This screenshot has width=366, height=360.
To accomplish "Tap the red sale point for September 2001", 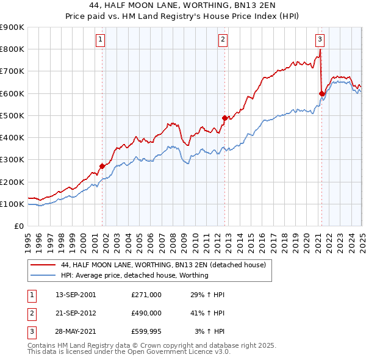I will coord(102,166).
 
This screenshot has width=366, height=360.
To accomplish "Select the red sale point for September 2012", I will coord(225,118).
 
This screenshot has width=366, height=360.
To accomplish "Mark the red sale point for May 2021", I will coord(321,93).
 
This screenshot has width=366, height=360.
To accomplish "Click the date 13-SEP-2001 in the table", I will coord(76,295).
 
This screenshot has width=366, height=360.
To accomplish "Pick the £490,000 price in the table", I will coord(146,313).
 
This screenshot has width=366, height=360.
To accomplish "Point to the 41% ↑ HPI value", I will coord(207,313).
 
